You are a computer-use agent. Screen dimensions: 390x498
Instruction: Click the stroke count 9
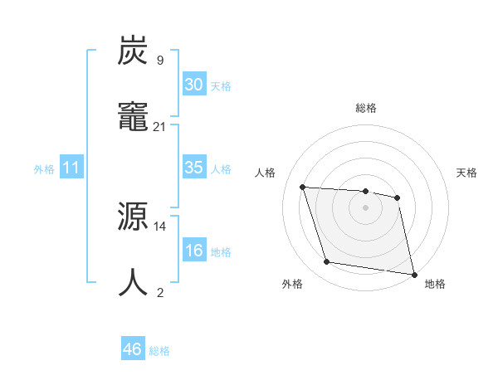tap(159, 60)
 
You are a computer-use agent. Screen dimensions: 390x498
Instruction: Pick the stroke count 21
tap(160, 126)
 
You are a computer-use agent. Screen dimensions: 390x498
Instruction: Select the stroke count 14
tap(160, 226)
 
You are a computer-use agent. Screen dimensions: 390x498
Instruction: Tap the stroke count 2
tap(159, 292)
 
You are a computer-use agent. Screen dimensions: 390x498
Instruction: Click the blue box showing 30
tap(193, 85)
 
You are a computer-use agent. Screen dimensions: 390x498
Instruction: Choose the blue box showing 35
tap(193, 168)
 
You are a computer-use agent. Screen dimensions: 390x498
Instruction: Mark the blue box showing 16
tap(193, 251)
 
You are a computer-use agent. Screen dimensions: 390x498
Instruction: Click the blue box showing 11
tap(71, 168)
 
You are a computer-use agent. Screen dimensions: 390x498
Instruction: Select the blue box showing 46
tap(132, 349)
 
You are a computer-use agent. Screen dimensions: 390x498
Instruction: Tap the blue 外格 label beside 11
tap(44, 168)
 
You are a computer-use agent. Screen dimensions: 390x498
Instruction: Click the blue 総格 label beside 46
tap(159, 350)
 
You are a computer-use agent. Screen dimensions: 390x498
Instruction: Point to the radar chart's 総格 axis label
tap(365, 108)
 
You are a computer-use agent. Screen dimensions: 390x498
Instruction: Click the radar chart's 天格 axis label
tap(466, 173)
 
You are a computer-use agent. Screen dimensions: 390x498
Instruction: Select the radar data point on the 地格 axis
tap(413, 274)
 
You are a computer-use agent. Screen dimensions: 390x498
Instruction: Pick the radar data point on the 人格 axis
tap(303, 187)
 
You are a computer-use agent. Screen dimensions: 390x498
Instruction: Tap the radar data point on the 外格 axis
tap(327, 262)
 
